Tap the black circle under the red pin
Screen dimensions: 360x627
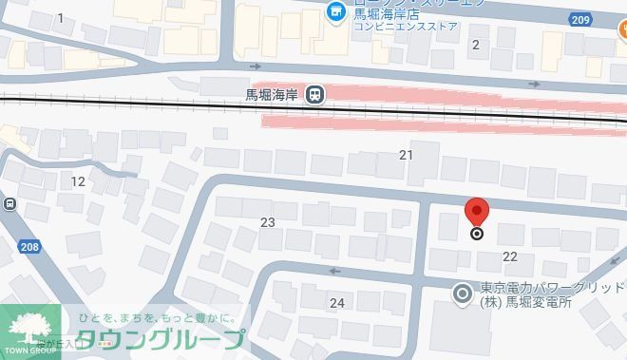(477, 234)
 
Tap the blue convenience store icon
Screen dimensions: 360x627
(334, 11)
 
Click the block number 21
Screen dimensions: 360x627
(407, 155)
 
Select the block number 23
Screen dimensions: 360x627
(268, 222)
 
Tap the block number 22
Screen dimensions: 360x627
(509, 256)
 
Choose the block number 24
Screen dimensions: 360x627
(336, 303)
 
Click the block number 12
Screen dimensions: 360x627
(78, 181)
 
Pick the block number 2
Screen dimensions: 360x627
(476, 44)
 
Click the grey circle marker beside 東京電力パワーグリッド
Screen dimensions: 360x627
(463, 294)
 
